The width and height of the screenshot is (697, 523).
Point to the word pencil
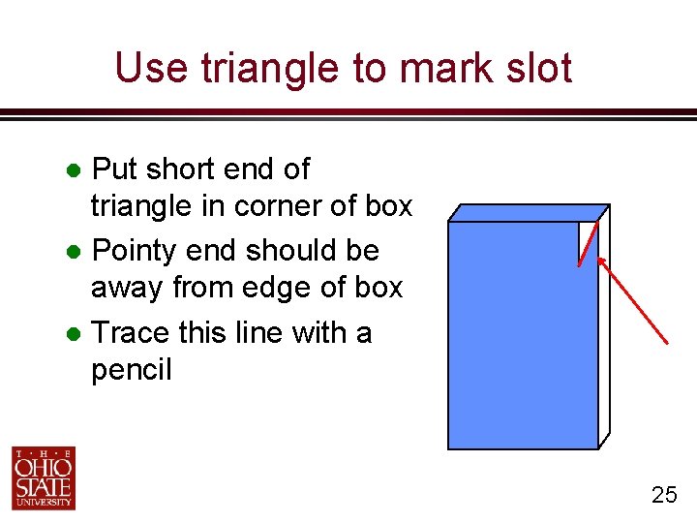(x=131, y=370)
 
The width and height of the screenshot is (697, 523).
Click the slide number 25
(x=664, y=496)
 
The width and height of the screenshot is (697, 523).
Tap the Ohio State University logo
(x=44, y=477)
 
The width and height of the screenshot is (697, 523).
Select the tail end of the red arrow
(x=666, y=342)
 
